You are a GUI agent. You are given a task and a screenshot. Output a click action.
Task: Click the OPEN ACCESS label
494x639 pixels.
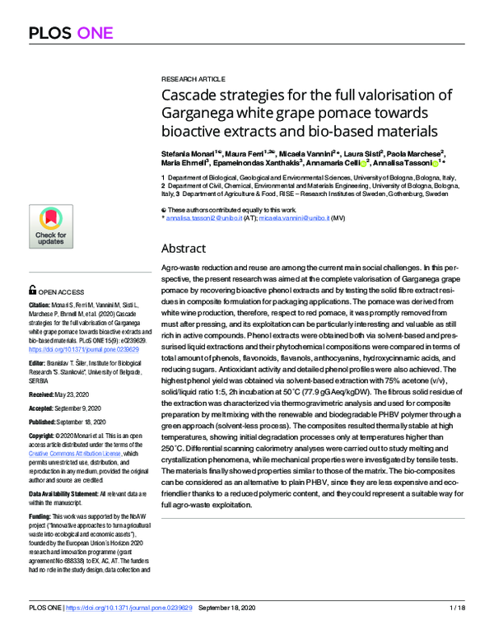click(59, 291)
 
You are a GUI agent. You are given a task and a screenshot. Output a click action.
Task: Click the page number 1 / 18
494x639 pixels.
click(458, 631)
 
